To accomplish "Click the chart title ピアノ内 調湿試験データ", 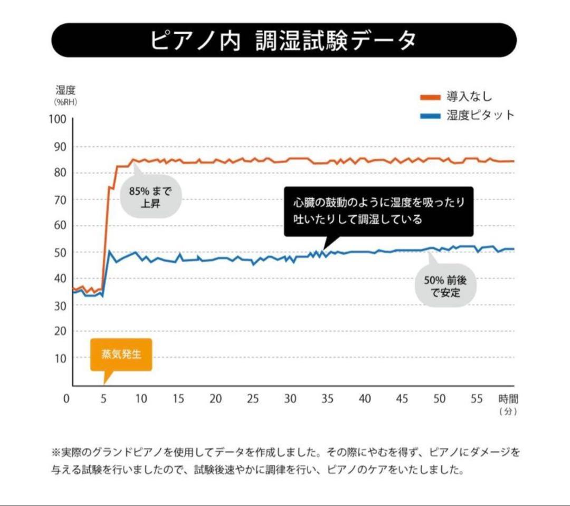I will click(283, 40).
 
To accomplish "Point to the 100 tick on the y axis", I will click(59, 120).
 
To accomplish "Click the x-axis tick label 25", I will click(253, 399).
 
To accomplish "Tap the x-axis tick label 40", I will click(365, 399).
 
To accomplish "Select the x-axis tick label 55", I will click(477, 399).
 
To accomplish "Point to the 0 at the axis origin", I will click(66, 399).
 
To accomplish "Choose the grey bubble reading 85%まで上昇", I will click(150, 196).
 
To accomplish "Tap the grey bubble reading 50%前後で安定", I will click(445, 286).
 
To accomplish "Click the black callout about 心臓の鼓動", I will click(378, 211).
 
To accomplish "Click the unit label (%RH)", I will click(65, 102).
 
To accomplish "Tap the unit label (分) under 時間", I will click(508, 412).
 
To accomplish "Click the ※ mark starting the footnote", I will click(56, 452).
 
